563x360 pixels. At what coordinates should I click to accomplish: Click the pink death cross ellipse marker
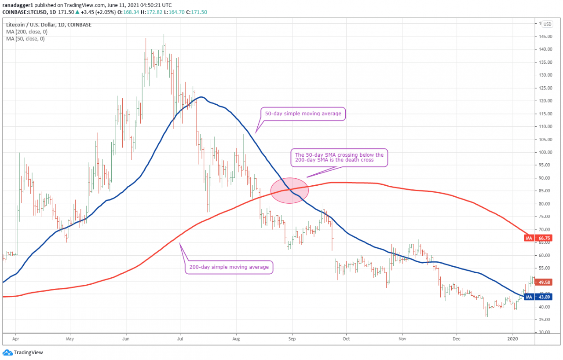point(289,191)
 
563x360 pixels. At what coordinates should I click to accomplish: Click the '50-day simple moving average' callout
point(303,114)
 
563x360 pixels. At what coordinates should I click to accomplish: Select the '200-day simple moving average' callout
point(229,267)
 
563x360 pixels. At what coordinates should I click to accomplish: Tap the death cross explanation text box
point(339,158)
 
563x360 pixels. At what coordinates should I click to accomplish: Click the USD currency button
point(547,24)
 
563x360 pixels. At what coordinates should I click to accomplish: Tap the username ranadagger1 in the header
point(17,5)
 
